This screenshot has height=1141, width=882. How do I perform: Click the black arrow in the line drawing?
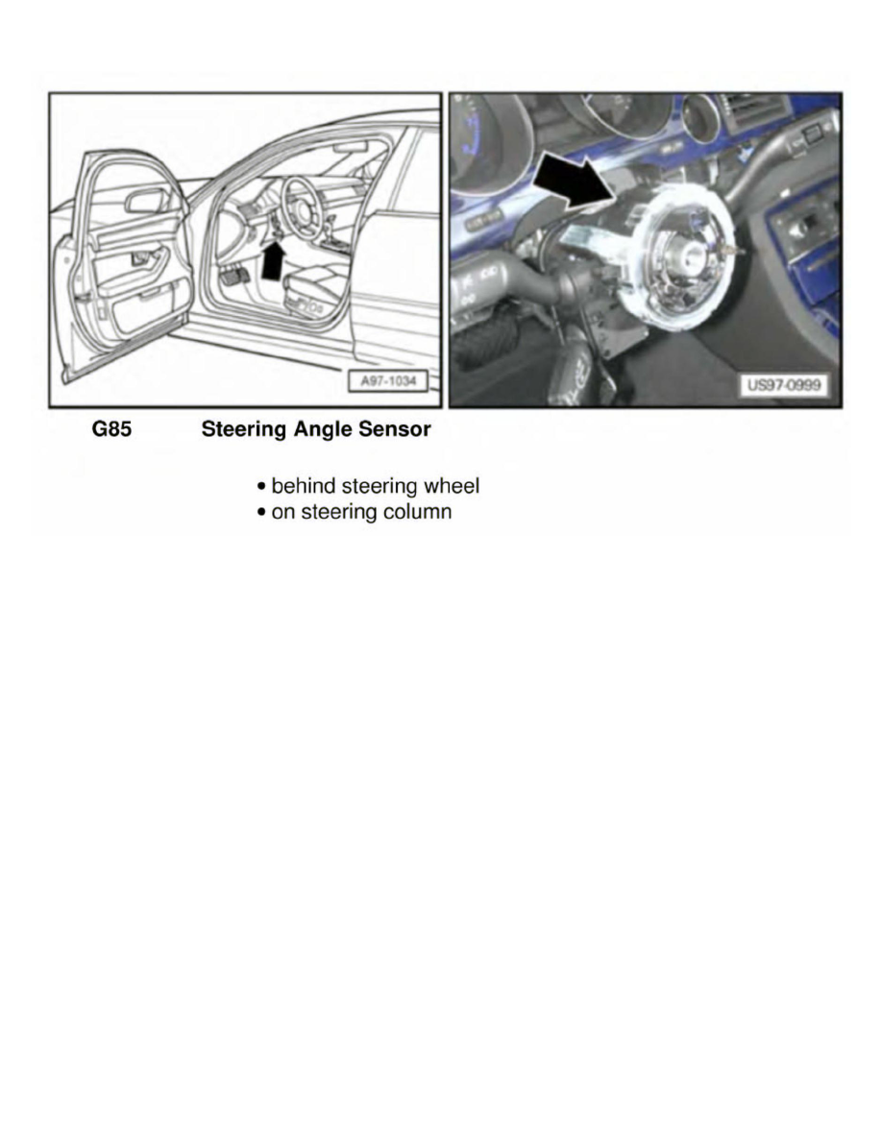tap(273, 261)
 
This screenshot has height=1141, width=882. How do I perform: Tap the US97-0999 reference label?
tap(783, 385)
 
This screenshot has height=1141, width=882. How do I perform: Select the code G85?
tap(111, 430)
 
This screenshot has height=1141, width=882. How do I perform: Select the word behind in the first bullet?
tap(304, 486)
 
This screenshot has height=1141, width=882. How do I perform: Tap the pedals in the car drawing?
tap(234, 277)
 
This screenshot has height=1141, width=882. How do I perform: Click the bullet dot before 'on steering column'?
tap(261, 513)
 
